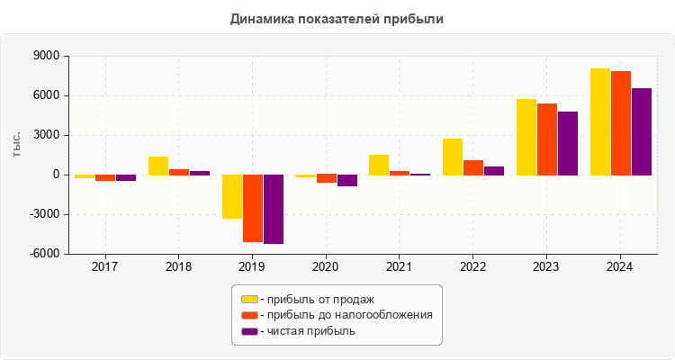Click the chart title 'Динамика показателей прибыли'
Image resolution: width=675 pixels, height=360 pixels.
click(x=337, y=18)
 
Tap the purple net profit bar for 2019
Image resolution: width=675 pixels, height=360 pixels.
click(x=274, y=209)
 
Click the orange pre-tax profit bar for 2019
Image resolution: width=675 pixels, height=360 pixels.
click(x=253, y=208)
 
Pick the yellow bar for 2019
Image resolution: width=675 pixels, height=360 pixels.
click(x=232, y=196)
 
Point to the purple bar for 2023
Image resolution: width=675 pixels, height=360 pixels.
click(x=568, y=143)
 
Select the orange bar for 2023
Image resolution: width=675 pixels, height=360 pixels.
click(x=547, y=139)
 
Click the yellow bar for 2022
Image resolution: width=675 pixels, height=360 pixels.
click(x=453, y=157)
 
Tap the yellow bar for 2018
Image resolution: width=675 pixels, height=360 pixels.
click(x=158, y=166)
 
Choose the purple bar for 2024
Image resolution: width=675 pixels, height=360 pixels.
click(x=642, y=131)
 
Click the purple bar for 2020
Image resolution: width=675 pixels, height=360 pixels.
click(x=347, y=180)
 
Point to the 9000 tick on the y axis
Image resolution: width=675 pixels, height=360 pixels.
click(x=46, y=56)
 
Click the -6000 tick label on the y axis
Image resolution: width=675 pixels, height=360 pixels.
click(x=44, y=254)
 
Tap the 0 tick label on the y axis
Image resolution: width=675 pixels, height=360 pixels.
click(x=56, y=175)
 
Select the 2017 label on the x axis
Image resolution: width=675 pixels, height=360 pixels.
click(x=105, y=267)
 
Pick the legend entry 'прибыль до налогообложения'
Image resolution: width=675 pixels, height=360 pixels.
click(x=346, y=315)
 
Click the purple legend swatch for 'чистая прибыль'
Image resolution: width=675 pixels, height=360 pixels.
click(x=249, y=331)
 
